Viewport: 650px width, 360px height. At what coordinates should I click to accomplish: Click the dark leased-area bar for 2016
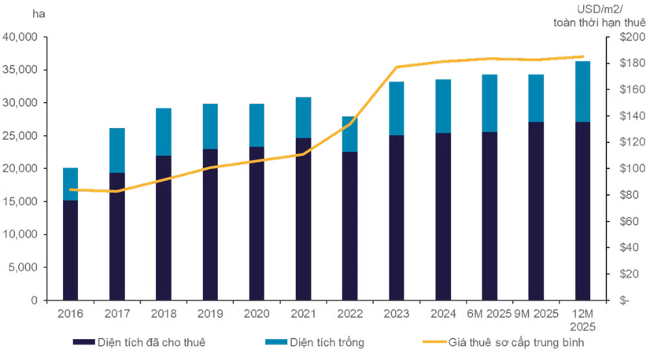(x=70, y=250)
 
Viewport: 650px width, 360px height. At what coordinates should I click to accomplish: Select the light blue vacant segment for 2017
(x=117, y=150)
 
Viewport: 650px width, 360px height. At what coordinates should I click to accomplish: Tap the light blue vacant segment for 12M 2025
(x=582, y=92)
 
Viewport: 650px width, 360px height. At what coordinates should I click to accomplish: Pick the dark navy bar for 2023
(x=396, y=218)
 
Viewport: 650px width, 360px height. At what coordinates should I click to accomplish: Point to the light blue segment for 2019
(x=210, y=126)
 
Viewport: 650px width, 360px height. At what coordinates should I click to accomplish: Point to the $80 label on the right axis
(x=629, y=195)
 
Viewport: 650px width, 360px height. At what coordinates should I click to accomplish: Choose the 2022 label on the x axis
(x=350, y=314)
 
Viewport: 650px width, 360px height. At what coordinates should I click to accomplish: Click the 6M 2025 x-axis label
(x=489, y=314)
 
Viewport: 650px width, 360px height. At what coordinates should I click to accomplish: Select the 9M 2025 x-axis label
(x=536, y=314)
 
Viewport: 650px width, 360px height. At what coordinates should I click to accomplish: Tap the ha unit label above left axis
(x=38, y=14)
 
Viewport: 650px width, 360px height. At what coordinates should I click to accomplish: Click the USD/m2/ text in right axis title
(x=600, y=9)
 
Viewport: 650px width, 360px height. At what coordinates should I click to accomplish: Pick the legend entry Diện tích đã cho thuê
(x=139, y=342)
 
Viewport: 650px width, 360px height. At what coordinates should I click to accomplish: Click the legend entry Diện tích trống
(x=315, y=342)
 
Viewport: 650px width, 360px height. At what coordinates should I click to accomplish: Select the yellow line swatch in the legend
(x=434, y=342)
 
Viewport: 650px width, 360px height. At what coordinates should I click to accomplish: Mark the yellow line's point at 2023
(x=396, y=67)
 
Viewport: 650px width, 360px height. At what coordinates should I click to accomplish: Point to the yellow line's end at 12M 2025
(x=582, y=57)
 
